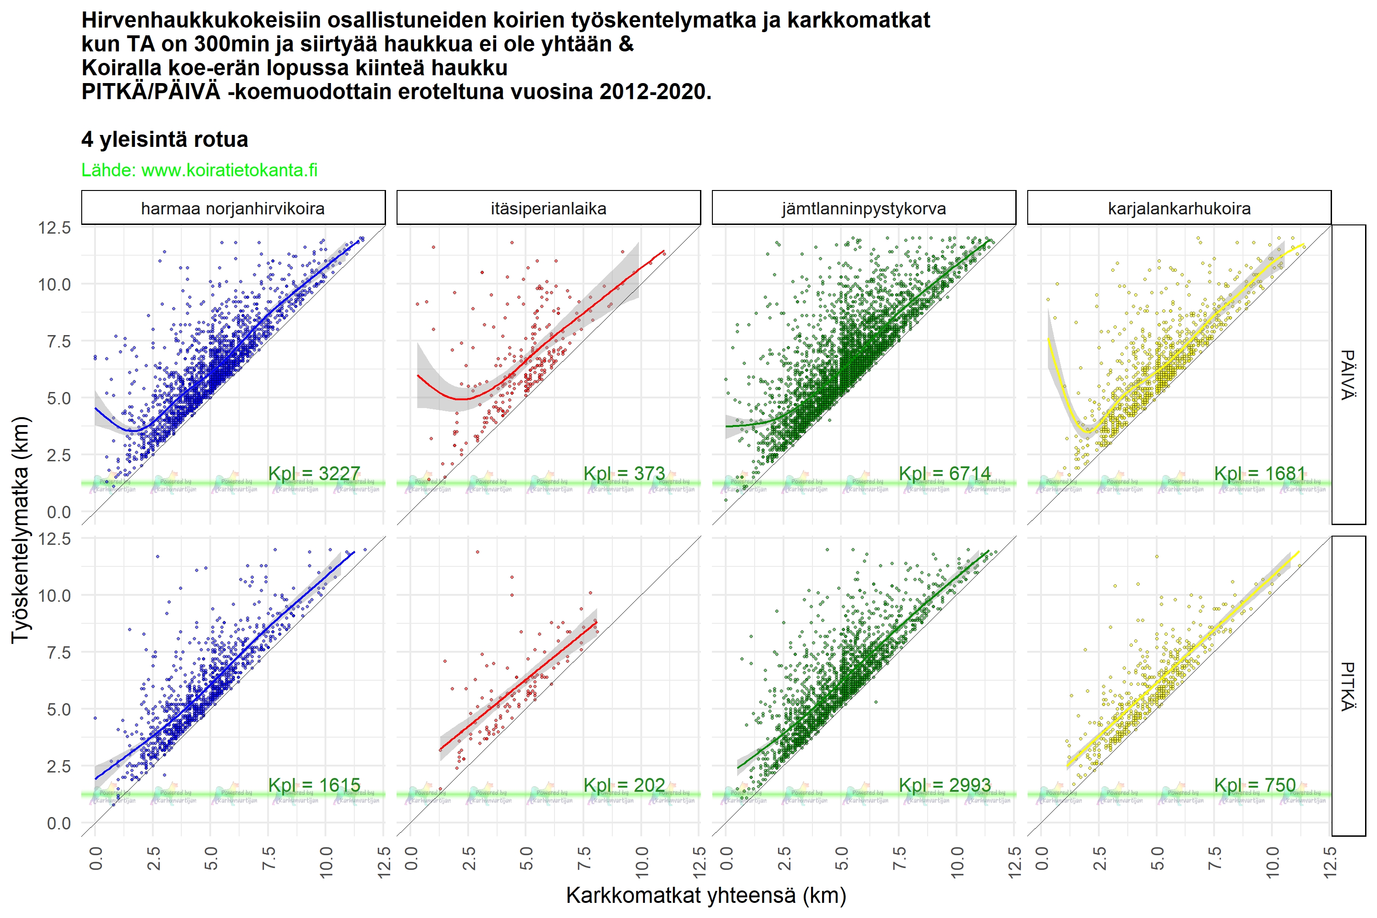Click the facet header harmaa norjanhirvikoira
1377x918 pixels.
coord(233,208)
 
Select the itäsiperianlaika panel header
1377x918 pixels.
coord(549,208)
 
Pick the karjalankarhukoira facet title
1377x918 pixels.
coord(1179,208)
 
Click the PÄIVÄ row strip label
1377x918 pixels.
coord(1349,375)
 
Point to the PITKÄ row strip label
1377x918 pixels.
coord(1349,686)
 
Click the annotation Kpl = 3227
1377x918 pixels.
coord(314,473)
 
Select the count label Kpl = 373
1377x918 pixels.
coord(624,473)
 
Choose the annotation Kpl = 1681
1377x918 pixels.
coord(1260,473)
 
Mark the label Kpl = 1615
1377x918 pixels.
coord(314,784)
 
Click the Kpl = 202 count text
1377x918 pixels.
coord(624,784)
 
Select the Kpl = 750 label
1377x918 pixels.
coord(1254,784)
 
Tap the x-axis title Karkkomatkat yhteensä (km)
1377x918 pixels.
coord(706,895)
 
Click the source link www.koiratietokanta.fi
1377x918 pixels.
coord(229,170)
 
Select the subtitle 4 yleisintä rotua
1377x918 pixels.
coord(164,140)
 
